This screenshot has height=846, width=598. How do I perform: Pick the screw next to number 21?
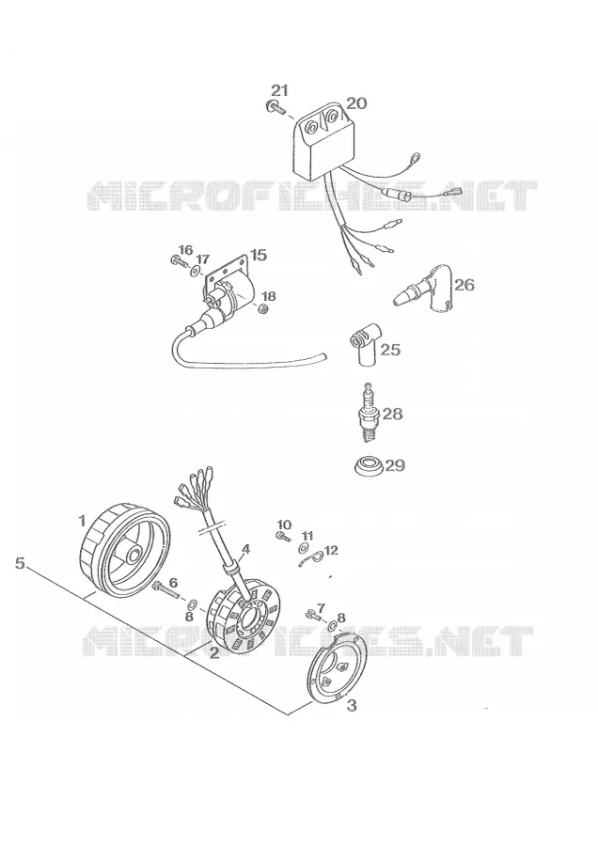[x=275, y=108]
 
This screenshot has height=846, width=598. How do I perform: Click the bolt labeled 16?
[x=177, y=261]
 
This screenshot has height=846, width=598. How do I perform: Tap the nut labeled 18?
[x=264, y=309]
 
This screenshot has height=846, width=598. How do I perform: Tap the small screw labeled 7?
[x=313, y=614]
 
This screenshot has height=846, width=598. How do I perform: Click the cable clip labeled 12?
[x=310, y=559]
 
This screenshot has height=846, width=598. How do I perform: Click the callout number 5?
[x=20, y=563]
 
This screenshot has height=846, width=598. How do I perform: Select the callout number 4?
[x=245, y=549]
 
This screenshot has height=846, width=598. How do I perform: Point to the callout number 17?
[x=202, y=259]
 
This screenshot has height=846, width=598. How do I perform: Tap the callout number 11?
[x=307, y=536]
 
